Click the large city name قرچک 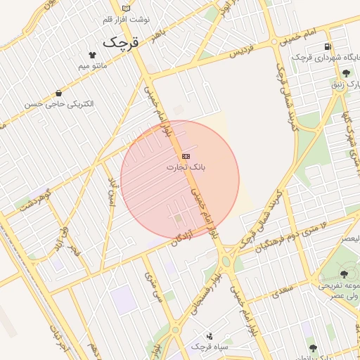[x=122, y=41]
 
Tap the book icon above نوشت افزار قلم [x=127, y=8]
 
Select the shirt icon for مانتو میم [x=92, y=54]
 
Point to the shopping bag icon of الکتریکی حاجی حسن [x=58, y=93]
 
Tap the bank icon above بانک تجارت [x=186, y=155]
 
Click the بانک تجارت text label [x=186, y=167]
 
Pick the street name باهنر [x=160, y=34]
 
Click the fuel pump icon [x=327, y=47]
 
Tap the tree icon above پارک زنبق [x=345, y=73]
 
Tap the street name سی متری [x=153, y=287]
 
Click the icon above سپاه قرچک [x=210, y=336]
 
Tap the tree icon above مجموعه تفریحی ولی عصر [x=343, y=274]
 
